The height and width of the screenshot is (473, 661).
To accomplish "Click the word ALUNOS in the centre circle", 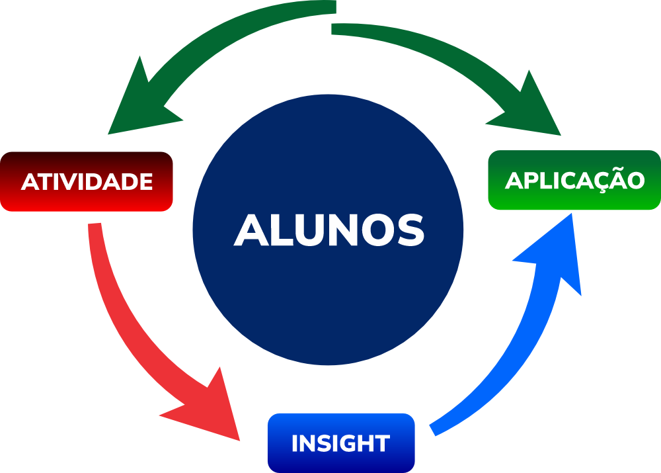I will pyautogui.click(x=329, y=230).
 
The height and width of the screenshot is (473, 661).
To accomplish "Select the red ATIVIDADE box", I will pyautogui.click(x=87, y=181).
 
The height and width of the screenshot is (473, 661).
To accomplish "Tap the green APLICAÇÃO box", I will pyautogui.click(x=574, y=180).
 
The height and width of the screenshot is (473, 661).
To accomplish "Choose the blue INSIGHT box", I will pyautogui.click(x=340, y=443).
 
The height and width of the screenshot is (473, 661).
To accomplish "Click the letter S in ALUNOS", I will pyautogui.click(x=409, y=230).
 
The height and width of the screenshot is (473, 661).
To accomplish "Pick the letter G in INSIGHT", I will pyautogui.click(x=352, y=443).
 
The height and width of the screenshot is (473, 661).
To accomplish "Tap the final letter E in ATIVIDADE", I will pyautogui.click(x=146, y=182).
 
